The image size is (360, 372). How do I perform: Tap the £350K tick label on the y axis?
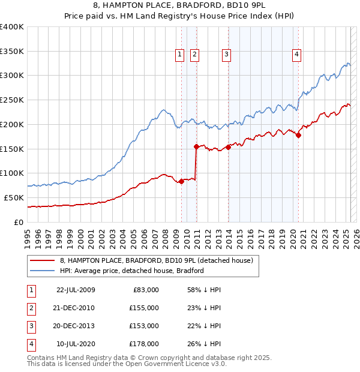pos(12,51)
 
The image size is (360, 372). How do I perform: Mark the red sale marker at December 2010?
pos(196,146)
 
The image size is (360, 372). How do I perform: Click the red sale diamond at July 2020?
pos(298,135)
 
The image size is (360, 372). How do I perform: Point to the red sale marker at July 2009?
pos(181,182)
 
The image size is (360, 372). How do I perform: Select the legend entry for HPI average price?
pos(132,271)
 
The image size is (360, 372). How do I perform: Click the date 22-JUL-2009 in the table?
pos(76,290)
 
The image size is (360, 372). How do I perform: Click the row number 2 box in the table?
pos(31,308)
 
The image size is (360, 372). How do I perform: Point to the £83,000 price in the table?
pos(145,290)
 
